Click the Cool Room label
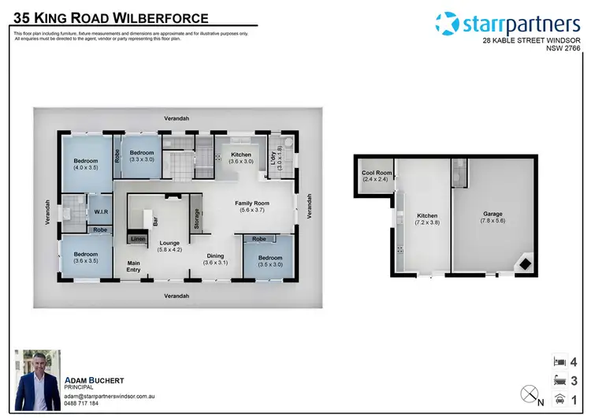point(377,173)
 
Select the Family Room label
point(253,203)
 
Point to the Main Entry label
point(134,267)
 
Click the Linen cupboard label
point(138,238)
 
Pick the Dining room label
point(215,256)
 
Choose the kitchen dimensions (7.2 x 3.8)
point(426,222)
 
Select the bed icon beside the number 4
point(559,360)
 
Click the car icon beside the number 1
point(559,398)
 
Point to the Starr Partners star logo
point(446,24)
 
